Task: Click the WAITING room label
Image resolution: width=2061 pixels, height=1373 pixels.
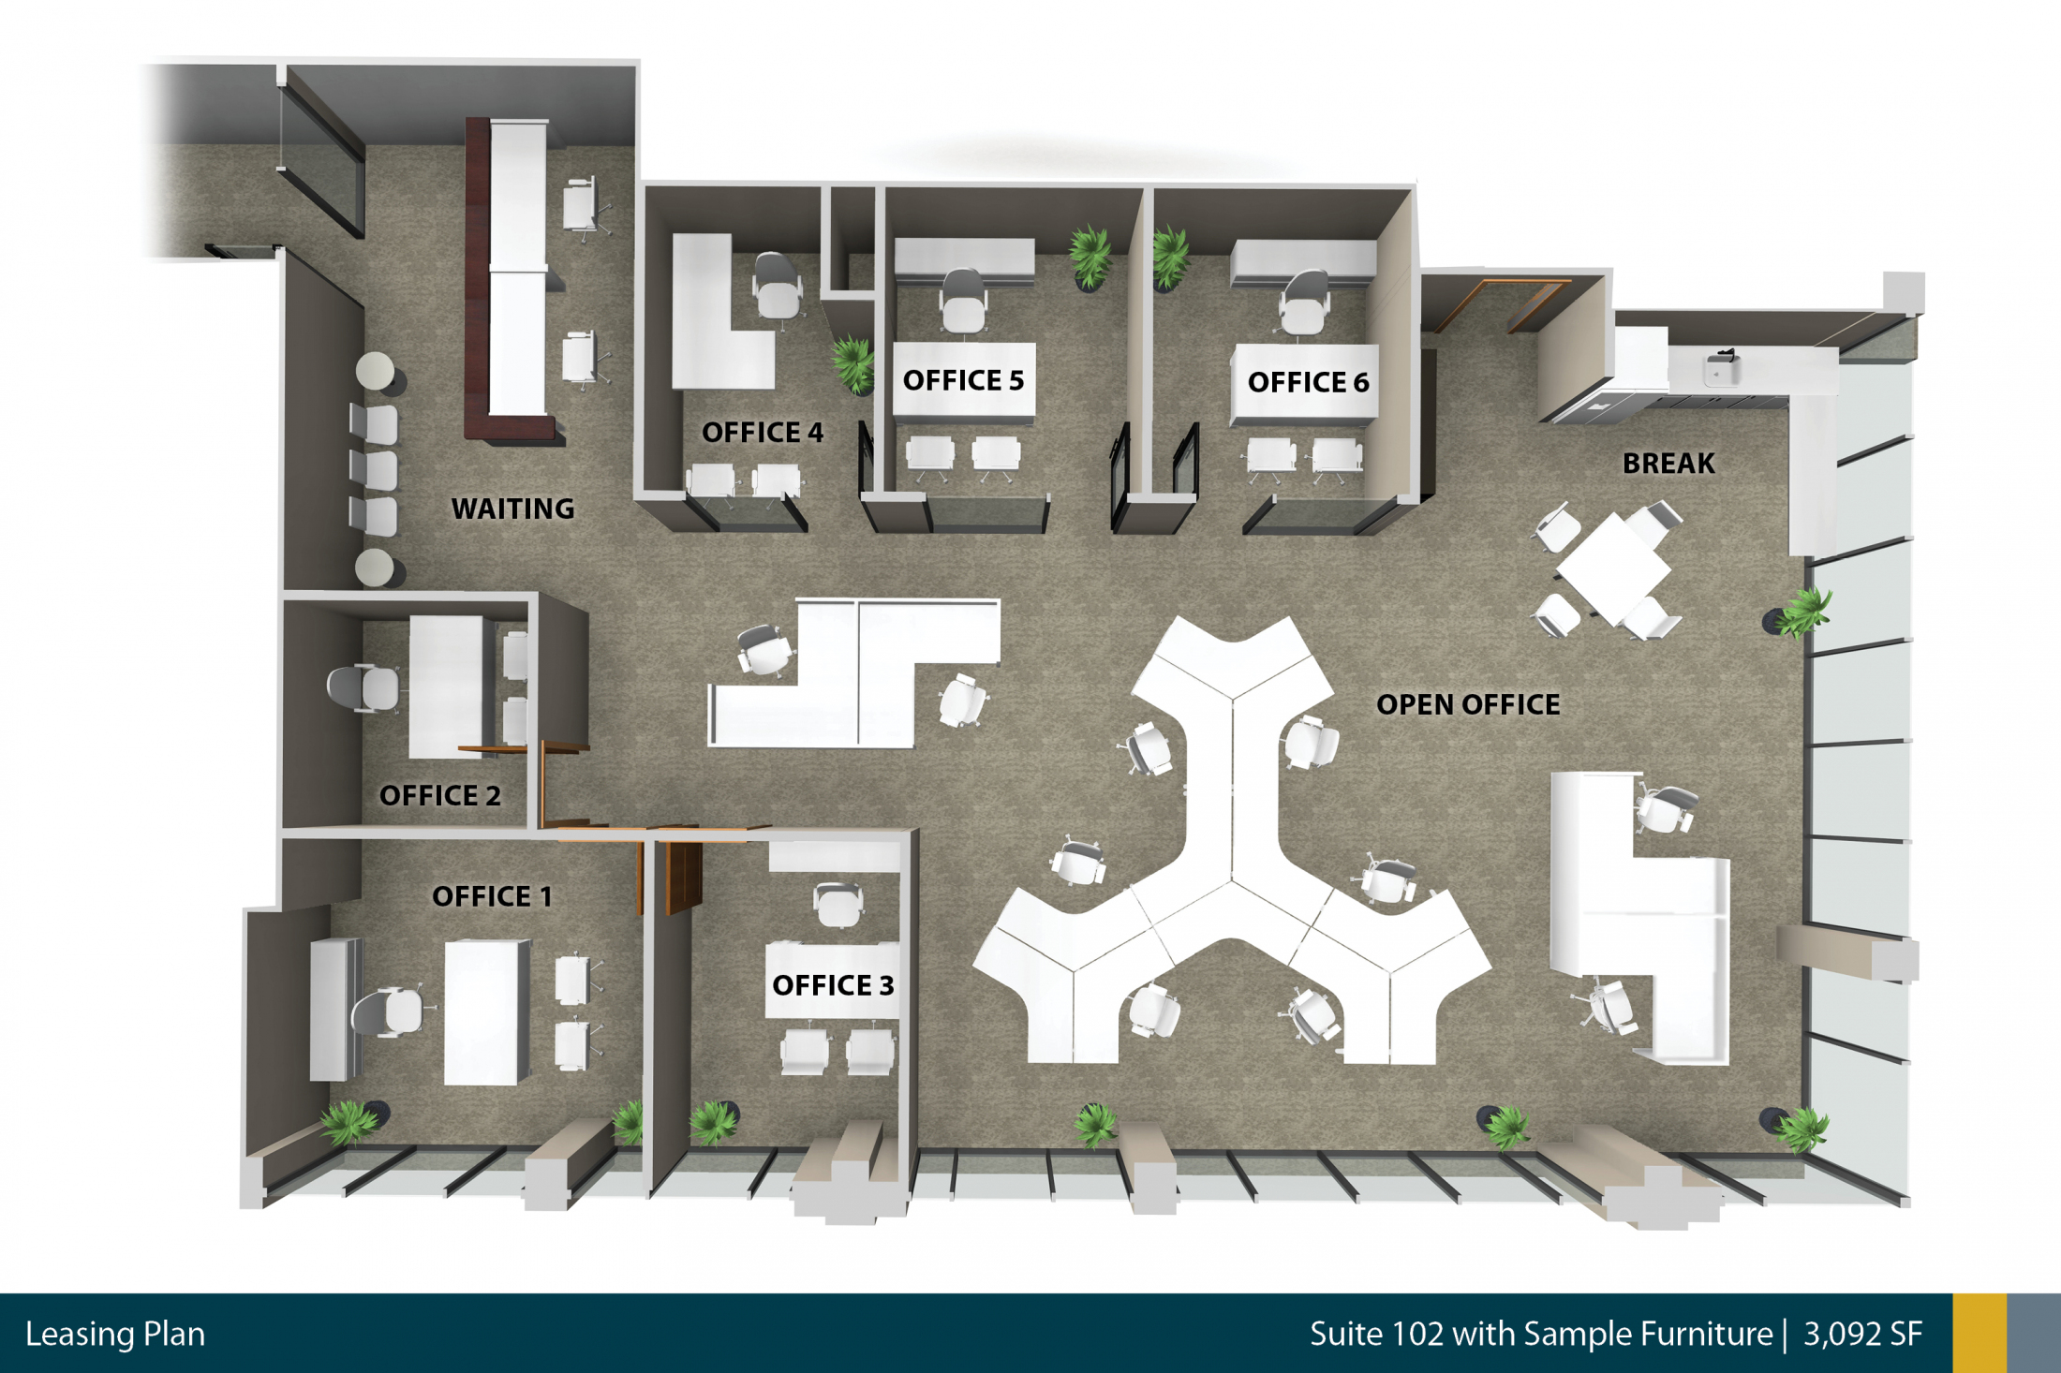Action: coord(512,509)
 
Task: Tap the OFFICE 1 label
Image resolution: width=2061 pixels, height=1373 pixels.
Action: coord(492,896)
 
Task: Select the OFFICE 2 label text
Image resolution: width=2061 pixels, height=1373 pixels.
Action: coord(439,795)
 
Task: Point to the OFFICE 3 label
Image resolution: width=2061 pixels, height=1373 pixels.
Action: coord(833,985)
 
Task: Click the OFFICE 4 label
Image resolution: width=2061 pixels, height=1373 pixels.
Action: coord(763,432)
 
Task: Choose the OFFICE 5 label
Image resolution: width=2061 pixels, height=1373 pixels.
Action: coord(963,380)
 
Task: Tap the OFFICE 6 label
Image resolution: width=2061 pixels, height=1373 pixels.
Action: coord(1308,382)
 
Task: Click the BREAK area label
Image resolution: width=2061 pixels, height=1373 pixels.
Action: coord(1668,464)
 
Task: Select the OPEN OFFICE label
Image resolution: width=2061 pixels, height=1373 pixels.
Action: coord(1468,704)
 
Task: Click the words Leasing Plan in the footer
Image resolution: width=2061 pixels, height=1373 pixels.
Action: coord(115,1334)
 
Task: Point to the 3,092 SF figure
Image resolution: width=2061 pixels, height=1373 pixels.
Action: coord(1863,1334)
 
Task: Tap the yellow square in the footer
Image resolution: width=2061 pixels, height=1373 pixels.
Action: coord(1979,1334)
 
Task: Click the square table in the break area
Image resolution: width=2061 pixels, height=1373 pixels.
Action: coord(1613,569)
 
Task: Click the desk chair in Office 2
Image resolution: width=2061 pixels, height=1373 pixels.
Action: coord(363,688)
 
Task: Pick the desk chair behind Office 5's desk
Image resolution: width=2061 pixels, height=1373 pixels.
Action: coord(963,300)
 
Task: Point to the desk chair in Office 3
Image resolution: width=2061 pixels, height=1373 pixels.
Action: coord(838,904)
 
